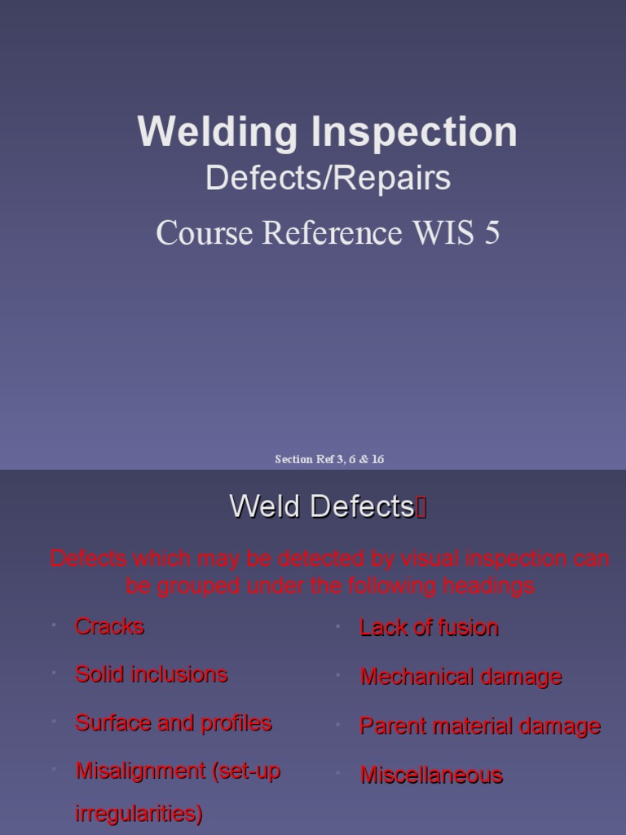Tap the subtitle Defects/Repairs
[328, 178]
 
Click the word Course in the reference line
[204, 233]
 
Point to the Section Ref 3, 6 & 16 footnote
[329, 459]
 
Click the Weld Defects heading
[322, 506]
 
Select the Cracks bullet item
[109, 626]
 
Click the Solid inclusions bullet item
[151, 674]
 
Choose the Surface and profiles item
[173, 722]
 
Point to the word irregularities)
[139, 814]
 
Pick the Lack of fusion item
[429, 628]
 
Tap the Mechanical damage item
[461, 677]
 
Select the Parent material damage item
[480, 727]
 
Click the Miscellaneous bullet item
[431, 775]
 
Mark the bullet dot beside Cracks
[52, 625]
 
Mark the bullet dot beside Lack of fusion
[337, 627]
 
